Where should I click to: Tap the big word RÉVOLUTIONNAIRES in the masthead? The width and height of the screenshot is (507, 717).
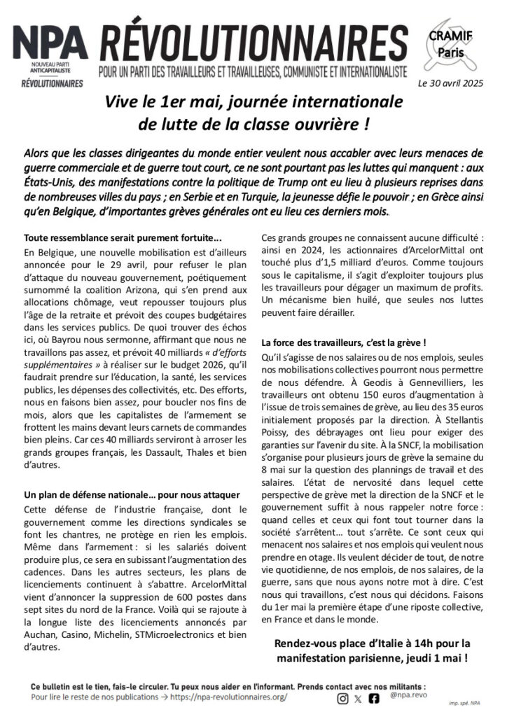click(x=253, y=42)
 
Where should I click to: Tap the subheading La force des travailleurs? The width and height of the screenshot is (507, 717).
click(x=343, y=342)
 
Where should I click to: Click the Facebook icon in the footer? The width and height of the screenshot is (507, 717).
click(x=374, y=697)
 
